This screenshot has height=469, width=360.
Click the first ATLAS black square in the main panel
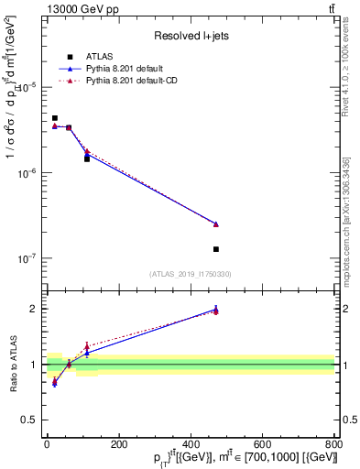55,118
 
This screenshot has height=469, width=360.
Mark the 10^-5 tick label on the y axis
27,87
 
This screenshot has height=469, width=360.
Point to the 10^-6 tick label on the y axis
27,173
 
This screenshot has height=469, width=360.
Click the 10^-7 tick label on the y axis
27,259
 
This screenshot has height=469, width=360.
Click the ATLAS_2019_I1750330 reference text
190,274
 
